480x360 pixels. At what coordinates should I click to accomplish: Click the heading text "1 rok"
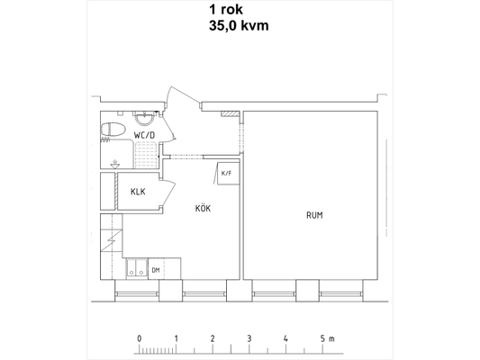[x=226, y=10]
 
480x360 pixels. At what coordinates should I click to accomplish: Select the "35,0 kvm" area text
[x=239, y=26]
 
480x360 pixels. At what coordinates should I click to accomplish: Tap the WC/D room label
[x=144, y=135]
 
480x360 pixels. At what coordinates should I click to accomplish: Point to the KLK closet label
[x=138, y=192]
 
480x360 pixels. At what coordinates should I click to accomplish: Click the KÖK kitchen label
[x=203, y=208]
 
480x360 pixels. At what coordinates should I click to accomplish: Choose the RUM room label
[x=314, y=215]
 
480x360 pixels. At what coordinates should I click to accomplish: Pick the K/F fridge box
[x=228, y=174]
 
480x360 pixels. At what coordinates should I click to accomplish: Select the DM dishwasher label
[x=156, y=270]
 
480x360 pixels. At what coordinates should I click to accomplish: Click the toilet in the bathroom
[x=113, y=130]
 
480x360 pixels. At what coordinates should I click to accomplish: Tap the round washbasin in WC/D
[x=144, y=119]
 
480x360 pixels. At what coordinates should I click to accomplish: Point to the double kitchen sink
[x=137, y=268]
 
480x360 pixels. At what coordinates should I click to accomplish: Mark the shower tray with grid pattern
[x=146, y=155]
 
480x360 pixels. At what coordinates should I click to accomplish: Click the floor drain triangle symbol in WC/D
[x=115, y=166]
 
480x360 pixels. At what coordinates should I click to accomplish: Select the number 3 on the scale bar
[x=249, y=339]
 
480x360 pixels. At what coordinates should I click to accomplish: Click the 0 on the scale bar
[x=140, y=339]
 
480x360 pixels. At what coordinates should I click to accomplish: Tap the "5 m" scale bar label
[x=328, y=339]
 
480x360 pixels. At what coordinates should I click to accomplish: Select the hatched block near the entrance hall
[x=230, y=113]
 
